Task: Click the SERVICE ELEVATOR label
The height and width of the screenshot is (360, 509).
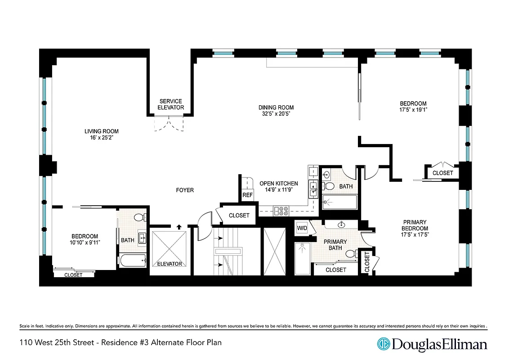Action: point(170,104)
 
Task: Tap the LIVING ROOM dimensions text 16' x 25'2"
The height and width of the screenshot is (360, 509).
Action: point(102,138)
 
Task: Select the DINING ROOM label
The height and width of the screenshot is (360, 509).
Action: point(276,107)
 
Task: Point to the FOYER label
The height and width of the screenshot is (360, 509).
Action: point(185,190)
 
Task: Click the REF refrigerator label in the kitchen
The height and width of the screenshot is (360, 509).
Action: point(247,195)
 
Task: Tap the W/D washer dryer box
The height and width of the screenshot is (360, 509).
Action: point(302,228)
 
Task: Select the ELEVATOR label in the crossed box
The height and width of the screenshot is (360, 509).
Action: point(169,264)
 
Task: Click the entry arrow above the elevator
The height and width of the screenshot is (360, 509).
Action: point(179,227)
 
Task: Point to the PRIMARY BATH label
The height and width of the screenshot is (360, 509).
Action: point(335,244)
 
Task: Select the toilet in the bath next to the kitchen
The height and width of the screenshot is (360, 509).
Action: point(329,186)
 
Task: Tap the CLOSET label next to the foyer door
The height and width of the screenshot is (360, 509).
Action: point(239,216)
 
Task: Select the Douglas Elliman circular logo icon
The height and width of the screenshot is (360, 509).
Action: point(384,345)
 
